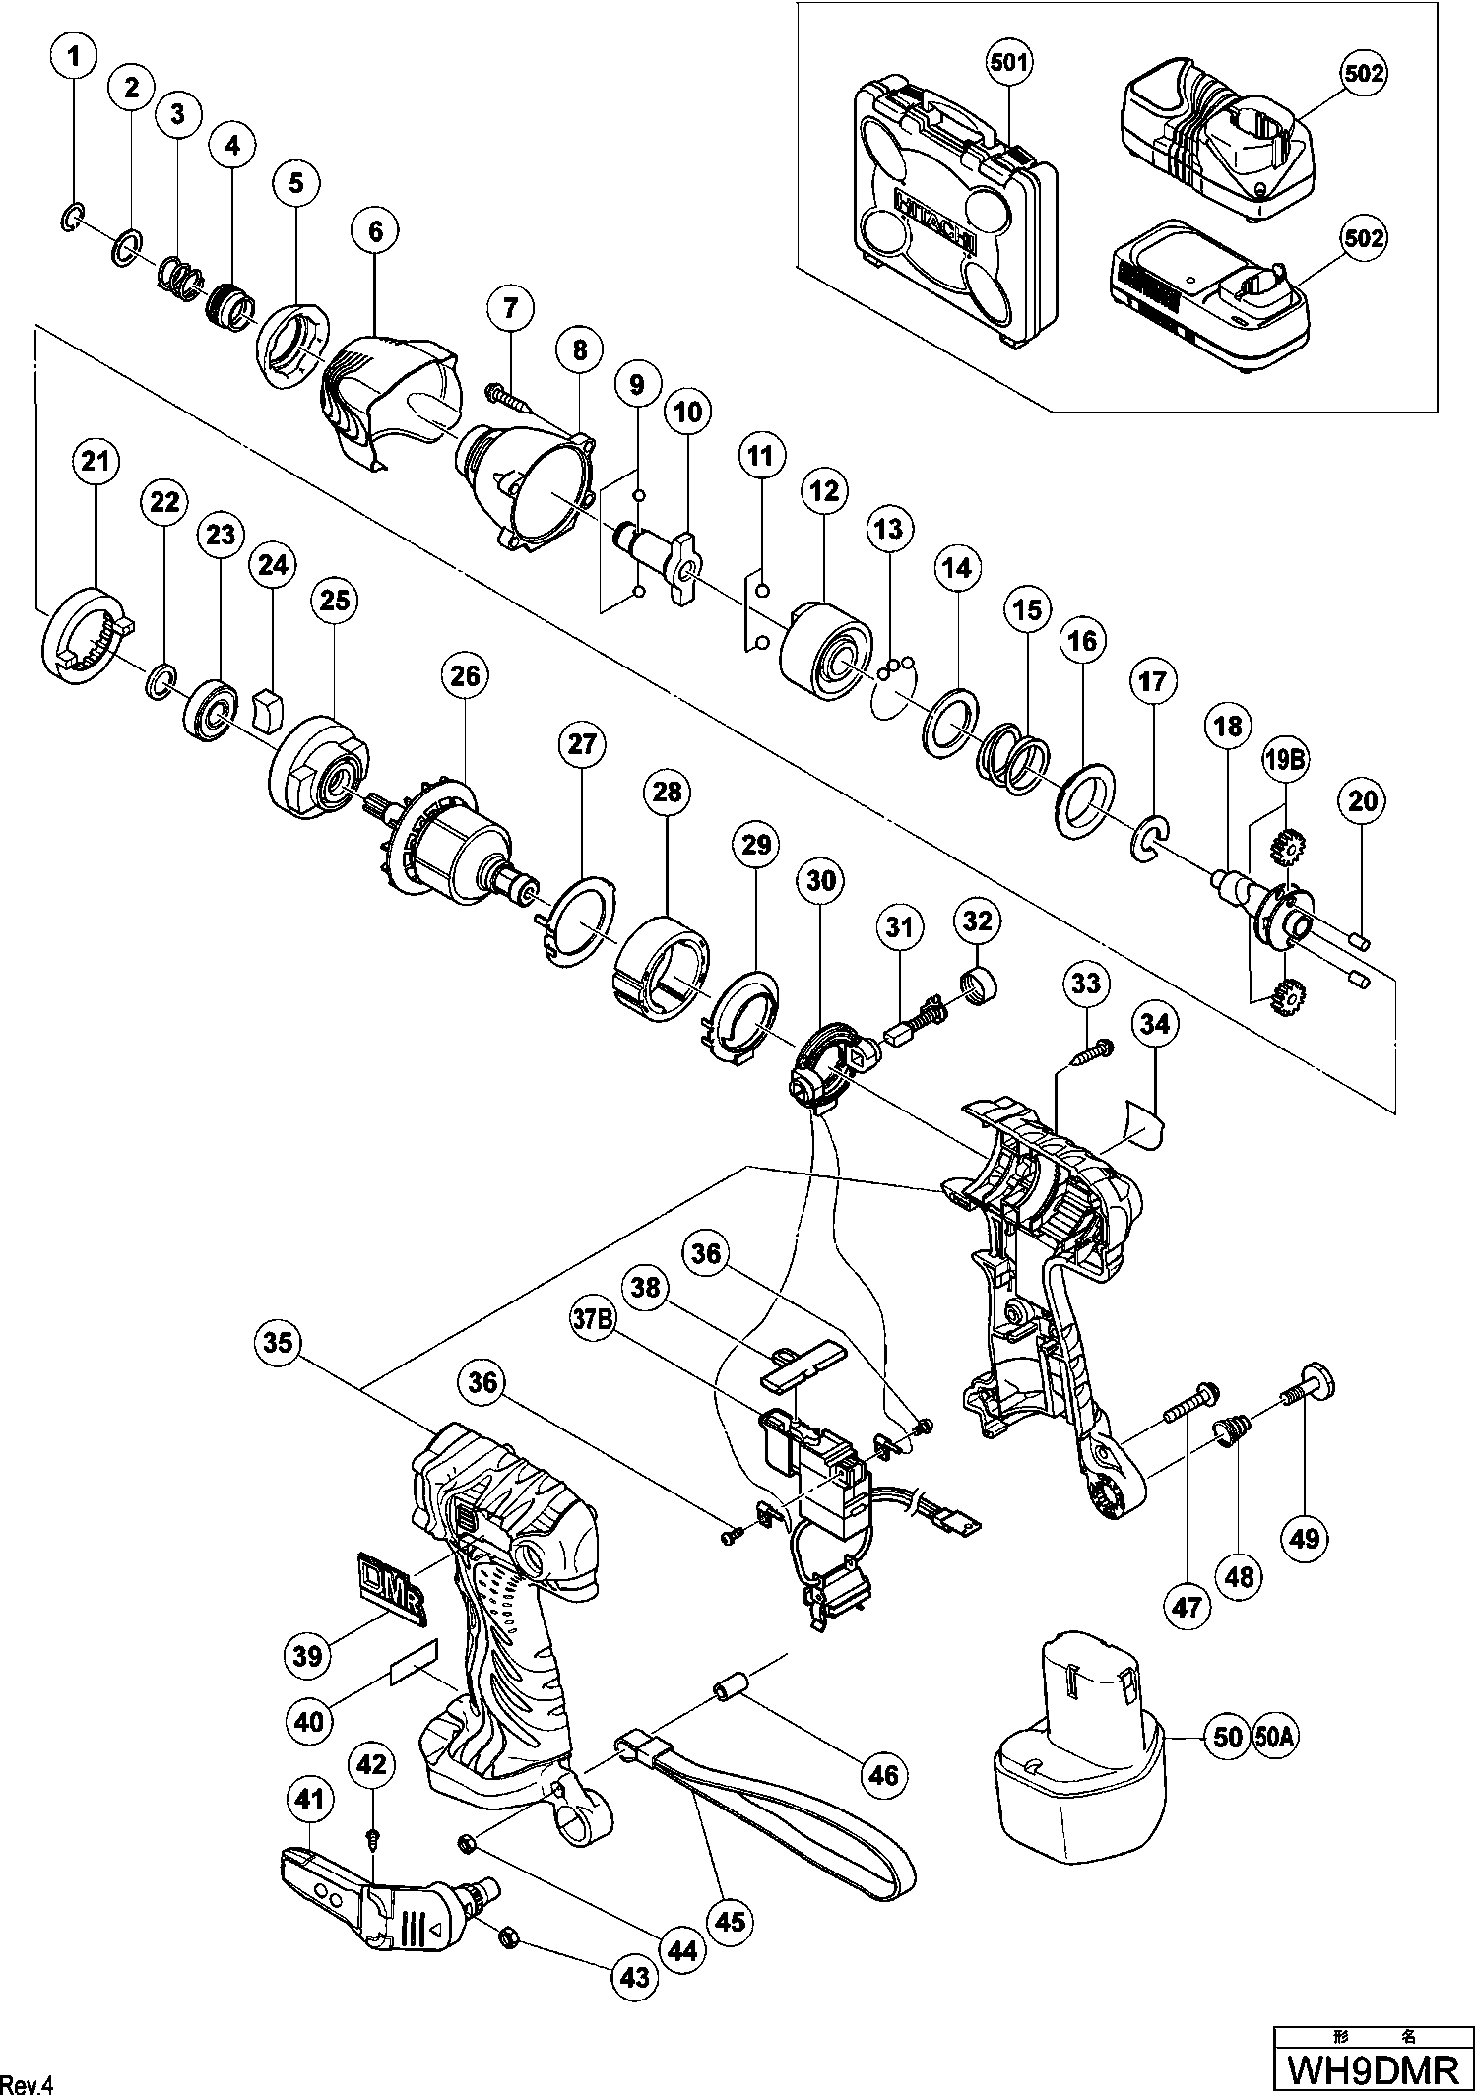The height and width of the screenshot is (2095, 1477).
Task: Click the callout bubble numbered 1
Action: (x=75, y=57)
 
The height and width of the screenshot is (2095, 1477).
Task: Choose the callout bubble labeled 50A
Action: (x=1274, y=1736)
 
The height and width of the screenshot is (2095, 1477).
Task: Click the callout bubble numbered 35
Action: (x=280, y=1344)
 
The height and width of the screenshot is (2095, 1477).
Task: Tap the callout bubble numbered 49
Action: (x=1305, y=1536)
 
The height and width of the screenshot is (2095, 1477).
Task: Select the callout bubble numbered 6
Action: (x=376, y=231)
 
